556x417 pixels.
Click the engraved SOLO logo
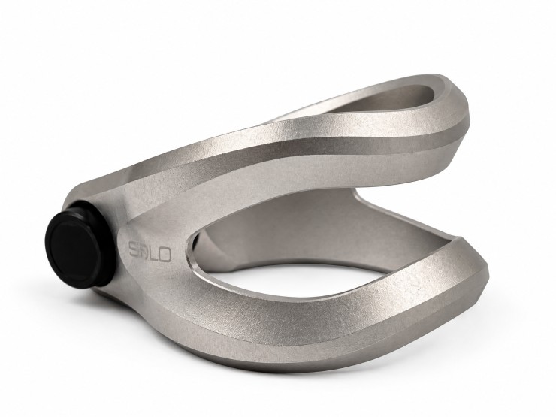150,252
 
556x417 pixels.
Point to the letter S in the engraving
134,249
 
